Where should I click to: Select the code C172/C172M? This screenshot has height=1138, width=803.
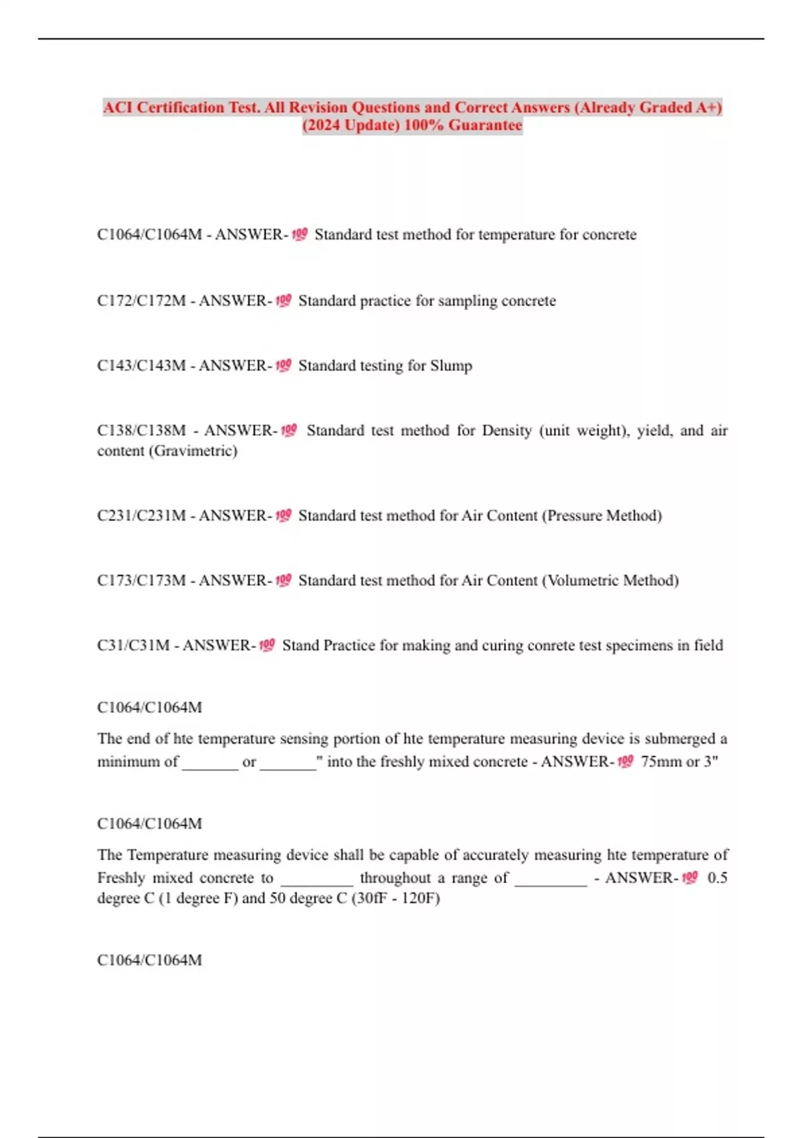pos(141,301)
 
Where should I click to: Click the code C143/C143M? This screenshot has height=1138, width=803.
pos(141,365)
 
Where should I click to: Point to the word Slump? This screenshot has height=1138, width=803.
pos(451,365)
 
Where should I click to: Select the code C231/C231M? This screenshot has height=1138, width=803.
pos(141,515)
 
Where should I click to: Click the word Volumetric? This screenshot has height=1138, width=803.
pos(582,580)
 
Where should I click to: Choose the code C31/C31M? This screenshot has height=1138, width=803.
pos(133,645)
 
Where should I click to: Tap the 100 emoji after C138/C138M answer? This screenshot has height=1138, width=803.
pos(288,430)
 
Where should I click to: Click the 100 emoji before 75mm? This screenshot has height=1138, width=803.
pos(625,761)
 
